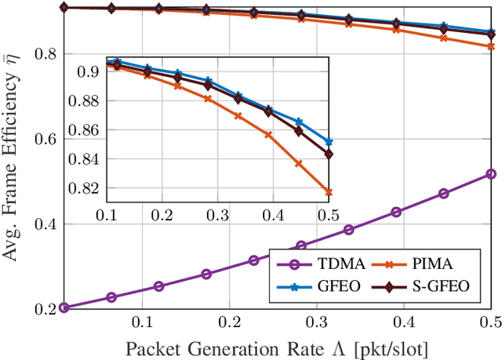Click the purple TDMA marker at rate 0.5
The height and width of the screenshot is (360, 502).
click(490, 174)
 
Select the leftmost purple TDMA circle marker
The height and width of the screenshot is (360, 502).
click(64, 307)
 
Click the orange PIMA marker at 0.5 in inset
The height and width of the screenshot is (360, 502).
click(329, 192)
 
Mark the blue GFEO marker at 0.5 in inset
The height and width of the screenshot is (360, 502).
click(329, 142)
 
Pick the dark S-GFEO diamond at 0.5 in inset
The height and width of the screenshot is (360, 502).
click(329, 155)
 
